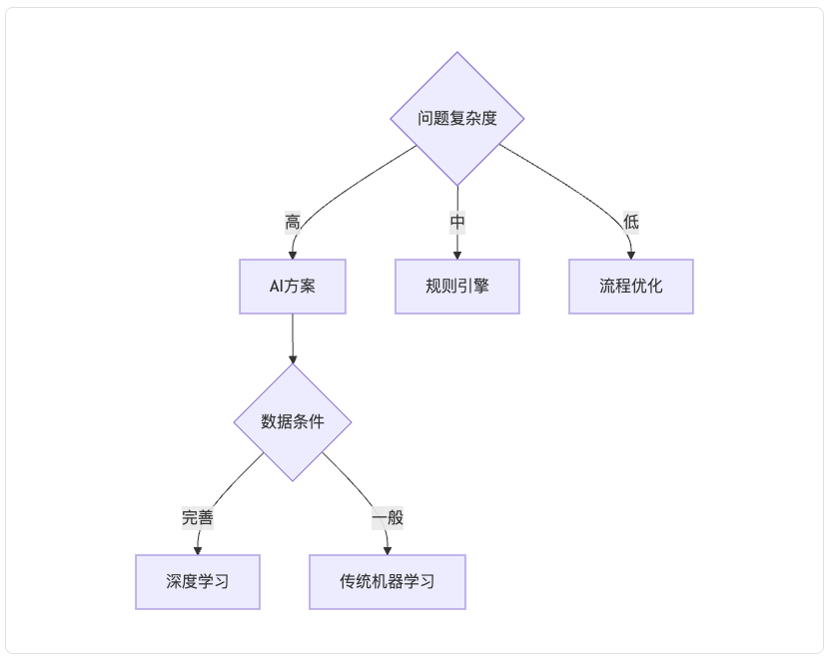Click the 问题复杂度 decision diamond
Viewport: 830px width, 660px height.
coord(457,119)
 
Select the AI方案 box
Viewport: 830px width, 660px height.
coord(293,287)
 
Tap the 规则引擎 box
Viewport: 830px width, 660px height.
coord(457,287)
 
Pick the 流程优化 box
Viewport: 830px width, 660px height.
coord(631,287)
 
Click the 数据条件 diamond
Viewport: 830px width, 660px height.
coord(293,422)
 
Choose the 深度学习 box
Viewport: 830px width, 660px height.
coord(198,582)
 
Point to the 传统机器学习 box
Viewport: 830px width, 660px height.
coord(388,582)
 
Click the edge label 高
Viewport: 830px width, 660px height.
coord(293,223)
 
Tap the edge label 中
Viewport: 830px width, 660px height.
coord(457,223)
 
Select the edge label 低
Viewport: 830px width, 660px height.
coord(631,223)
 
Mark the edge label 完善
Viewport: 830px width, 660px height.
coord(198,517)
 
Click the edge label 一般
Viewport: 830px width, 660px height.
coord(388,517)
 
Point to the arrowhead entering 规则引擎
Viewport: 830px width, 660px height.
coord(457,256)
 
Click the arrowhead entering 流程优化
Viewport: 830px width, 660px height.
coord(631,256)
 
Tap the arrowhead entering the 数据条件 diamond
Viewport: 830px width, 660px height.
coord(293,359)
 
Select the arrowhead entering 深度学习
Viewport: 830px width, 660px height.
coord(198,551)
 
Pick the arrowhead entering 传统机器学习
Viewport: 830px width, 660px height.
coord(388,551)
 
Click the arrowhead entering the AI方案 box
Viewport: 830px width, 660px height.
coord(293,256)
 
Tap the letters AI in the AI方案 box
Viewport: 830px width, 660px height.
coord(277,287)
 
